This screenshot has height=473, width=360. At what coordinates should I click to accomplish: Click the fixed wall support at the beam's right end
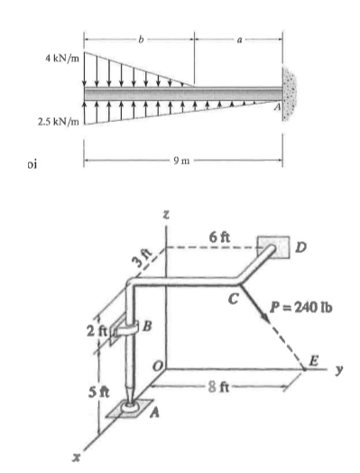pos(292,93)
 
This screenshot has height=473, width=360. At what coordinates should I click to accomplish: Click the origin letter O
pos(157,362)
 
